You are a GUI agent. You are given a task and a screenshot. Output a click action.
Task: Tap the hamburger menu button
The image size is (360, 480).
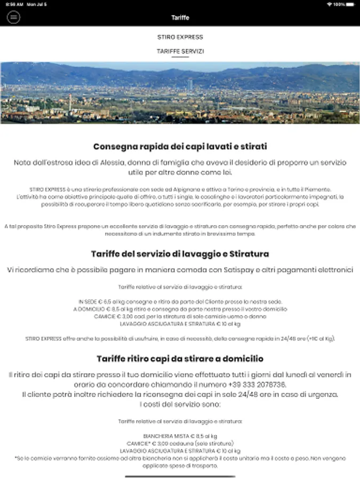pyautogui.click(x=13, y=17)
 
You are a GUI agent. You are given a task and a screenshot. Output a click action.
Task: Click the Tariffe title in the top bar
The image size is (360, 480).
pyautogui.click(x=180, y=17)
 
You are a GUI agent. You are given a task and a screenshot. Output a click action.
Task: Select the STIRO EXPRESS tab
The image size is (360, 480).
pyautogui.click(x=180, y=37)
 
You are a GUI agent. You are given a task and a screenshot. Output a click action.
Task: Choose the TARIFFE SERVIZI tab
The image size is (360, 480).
pyautogui.click(x=180, y=51)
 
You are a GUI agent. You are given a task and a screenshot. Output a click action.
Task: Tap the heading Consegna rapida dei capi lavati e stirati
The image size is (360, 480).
pyautogui.click(x=180, y=146)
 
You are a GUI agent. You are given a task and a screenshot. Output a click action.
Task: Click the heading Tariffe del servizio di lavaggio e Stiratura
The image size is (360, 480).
pyautogui.click(x=180, y=254)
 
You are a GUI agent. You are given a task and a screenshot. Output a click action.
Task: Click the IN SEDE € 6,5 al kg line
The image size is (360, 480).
pyautogui.click(x=180, y=302)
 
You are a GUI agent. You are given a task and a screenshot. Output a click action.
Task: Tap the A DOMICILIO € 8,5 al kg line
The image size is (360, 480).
pyautogui.click(x=180, y=309)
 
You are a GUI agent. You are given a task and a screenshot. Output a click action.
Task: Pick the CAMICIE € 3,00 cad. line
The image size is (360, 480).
pyautogui.click(x=180, y=316)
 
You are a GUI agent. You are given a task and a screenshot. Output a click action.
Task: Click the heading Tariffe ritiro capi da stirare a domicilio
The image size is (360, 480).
pyautogui.click(x=180, y=358)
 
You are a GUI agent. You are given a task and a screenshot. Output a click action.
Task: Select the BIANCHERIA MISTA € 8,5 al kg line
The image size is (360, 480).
pyautogui.click(x=180, y=436)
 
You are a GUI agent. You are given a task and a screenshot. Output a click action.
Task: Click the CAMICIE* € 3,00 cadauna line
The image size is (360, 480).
pyautogui.click(x=180, y=443)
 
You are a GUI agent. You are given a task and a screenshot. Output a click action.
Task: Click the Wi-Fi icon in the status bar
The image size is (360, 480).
pyautogui.click(x=329, y=4)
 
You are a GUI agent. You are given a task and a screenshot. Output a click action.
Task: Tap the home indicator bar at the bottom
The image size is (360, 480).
pyautogui.click(x=180, y=476)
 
